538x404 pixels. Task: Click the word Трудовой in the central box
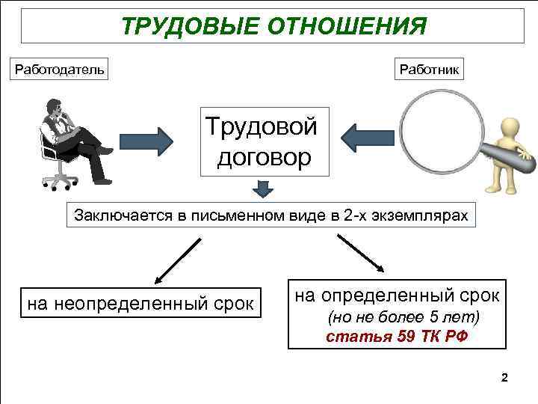coord(262,126)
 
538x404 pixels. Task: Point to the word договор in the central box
coord(264,159)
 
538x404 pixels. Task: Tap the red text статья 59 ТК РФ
coord(397,336)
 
